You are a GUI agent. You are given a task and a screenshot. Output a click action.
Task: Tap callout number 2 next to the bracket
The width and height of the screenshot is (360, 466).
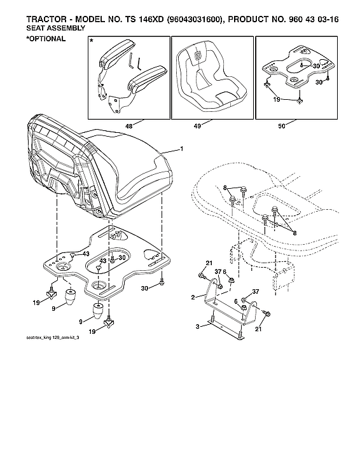pos(193,297)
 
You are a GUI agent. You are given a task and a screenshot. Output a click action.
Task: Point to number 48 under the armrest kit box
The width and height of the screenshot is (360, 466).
pos(129,127)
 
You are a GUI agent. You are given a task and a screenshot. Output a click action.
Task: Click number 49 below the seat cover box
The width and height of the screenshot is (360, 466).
pos(198,127)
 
